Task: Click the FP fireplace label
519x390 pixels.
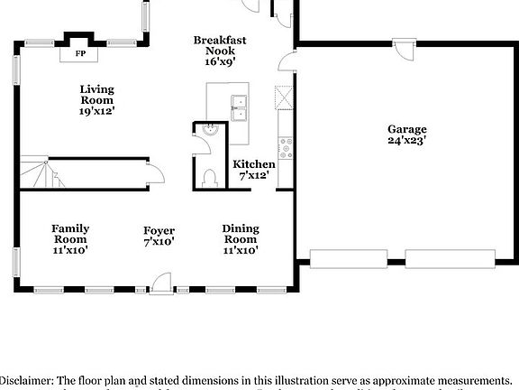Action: pos(79,54)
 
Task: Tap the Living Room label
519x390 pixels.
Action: pos(96,88)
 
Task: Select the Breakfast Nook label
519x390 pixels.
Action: pos(220,41)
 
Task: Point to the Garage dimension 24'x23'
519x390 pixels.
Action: pos(407,141)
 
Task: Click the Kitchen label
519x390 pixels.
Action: pos(254,163)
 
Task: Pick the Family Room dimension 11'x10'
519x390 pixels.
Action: pos(69,250)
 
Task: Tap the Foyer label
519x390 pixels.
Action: pos(159,231)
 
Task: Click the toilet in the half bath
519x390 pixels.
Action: pos(210,177)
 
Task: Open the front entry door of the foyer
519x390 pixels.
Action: pos(163,285)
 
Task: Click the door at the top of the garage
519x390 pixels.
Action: pos(403,49)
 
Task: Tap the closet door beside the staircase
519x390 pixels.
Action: pos(152,171)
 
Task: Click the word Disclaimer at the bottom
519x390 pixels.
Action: pos(27,382)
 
